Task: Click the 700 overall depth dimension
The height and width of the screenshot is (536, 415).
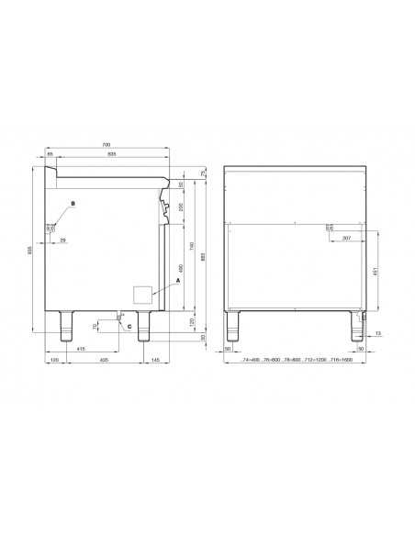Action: click(107, 145)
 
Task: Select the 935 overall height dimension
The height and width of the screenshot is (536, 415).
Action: click(30, 250)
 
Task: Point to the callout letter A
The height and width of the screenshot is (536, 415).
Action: click(179, 279)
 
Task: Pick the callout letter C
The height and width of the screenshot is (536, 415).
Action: click(128, 326)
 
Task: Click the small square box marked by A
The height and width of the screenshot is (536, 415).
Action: click(142, 294)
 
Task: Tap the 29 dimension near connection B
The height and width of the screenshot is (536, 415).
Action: click(62, 240)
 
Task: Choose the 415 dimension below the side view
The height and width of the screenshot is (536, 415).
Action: click(81, 350)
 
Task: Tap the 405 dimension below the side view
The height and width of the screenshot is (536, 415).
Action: click(104, 361)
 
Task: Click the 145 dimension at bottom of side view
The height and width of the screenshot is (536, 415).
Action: click(155, 361)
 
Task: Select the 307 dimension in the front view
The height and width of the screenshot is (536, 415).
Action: click(345, 239)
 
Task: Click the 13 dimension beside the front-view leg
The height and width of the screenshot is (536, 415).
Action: click(377, 333)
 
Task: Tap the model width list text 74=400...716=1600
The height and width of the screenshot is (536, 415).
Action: click(295, 361)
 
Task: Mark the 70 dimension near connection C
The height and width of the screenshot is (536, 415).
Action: click(95, 325)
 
